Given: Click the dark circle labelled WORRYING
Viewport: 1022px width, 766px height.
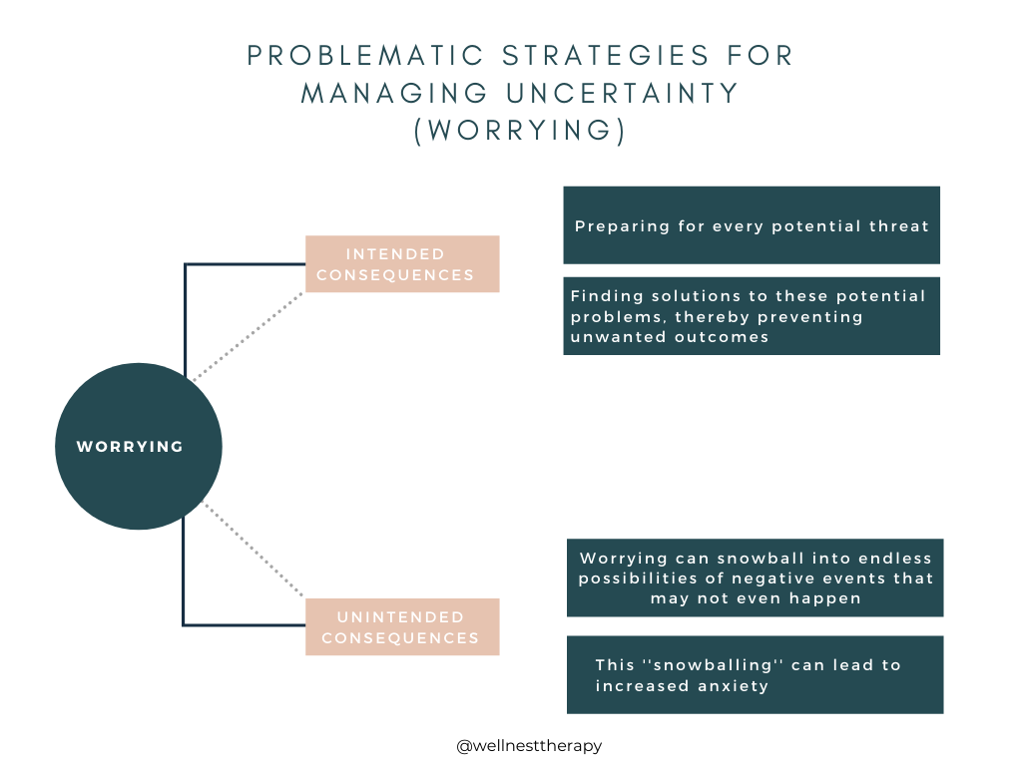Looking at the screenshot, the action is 138,446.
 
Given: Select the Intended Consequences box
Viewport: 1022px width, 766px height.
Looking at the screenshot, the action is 402,263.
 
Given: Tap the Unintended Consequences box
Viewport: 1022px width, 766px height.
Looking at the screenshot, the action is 402,626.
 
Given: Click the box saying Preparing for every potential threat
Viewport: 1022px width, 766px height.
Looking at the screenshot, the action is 752,225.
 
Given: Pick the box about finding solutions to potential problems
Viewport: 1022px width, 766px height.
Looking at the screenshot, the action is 752,316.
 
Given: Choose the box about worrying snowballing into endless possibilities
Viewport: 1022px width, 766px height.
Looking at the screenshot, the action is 755,577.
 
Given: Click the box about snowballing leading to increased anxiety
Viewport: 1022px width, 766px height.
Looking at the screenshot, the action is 755,675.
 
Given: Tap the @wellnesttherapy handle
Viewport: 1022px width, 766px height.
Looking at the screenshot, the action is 529,746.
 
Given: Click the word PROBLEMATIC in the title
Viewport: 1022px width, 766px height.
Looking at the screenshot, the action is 365,56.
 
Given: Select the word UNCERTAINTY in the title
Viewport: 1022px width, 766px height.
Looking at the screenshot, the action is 623,93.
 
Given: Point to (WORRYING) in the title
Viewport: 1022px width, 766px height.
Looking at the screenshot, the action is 519,131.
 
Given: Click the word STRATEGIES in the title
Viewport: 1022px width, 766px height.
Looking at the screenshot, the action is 606,56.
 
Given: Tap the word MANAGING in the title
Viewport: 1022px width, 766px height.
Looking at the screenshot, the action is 394,93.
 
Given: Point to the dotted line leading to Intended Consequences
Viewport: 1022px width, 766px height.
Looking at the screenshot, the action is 249,335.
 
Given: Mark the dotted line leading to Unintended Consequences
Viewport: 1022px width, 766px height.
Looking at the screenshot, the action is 255,550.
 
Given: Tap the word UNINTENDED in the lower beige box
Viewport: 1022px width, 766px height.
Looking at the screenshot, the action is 401,616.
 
